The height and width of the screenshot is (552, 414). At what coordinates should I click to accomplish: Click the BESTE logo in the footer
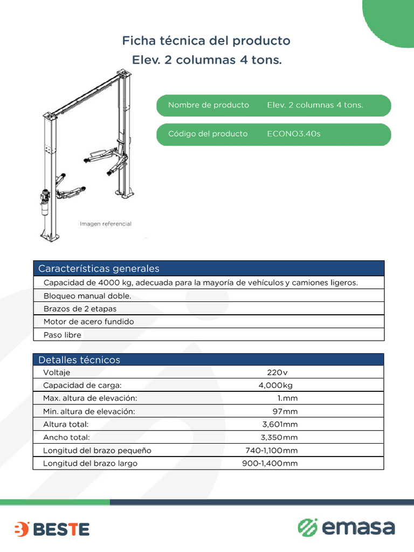pos(52,529)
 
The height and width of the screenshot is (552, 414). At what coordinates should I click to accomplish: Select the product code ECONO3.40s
pos(293,134)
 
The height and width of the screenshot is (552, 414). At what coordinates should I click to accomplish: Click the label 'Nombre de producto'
pos(208,105)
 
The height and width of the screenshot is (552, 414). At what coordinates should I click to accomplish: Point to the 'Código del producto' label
pos(208,134)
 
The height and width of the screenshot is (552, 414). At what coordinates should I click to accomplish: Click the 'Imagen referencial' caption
pos(106,224)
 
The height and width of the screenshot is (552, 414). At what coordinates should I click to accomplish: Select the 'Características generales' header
pos(99,268)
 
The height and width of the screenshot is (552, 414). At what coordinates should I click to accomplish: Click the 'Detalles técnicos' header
pos(79,360)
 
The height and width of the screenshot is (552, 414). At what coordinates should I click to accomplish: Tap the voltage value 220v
pos(277,372)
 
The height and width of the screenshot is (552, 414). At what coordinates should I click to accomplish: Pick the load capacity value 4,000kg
pos(275,385)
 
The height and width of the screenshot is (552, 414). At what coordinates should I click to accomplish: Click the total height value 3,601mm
pos(280,424)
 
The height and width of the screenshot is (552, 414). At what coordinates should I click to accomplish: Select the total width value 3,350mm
pos(279,437)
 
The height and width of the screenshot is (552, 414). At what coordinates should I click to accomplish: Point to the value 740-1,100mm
pos(271,450)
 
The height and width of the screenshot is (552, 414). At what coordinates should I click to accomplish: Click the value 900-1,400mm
pos(270,463)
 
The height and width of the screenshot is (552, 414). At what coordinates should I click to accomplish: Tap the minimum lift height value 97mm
pos(285,411)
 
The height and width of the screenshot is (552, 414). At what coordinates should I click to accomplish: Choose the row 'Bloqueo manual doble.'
pos(87,296)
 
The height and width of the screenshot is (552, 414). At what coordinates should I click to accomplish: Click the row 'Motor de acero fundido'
pos(88,322)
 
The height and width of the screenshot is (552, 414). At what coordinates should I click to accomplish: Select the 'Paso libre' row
pos(62,335)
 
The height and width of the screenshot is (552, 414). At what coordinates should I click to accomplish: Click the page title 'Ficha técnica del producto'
pos(206,40)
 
